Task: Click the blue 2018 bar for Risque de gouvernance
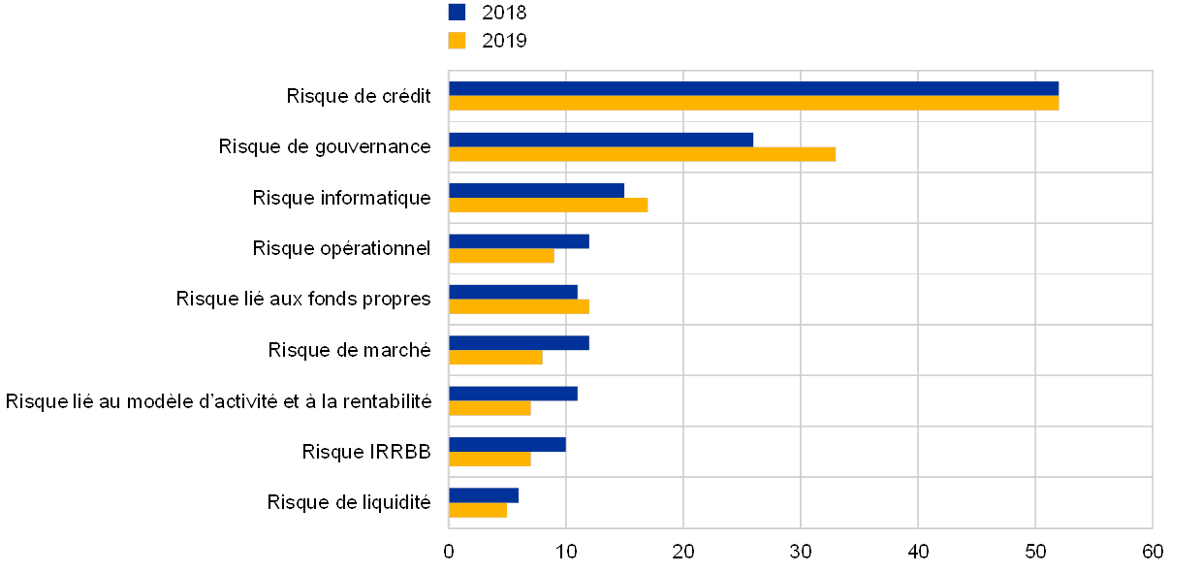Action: (601, 140)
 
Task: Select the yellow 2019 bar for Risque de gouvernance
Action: (642, 154)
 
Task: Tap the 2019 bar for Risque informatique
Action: (548, 205)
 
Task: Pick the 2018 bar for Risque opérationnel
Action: (519, 241)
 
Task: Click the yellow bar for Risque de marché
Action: (495, 358)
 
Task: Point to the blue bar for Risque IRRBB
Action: (507, 444)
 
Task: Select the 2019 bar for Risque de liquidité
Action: (478, 510)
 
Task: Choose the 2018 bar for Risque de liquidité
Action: (484, 495)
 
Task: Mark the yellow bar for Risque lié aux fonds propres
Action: (519, 306)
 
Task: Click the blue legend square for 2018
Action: (457, 12)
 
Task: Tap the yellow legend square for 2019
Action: (457, 41)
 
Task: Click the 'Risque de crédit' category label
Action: (362, 96)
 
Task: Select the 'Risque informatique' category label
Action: (344, 198)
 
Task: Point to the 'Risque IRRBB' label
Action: (368, 451)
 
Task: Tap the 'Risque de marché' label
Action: (352, 350)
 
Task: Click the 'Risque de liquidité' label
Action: (352, 502)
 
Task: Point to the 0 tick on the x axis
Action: (449, 552)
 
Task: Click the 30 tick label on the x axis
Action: (801, 552)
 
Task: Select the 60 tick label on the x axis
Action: (1153, 552)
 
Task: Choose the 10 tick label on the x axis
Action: (566, 552)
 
